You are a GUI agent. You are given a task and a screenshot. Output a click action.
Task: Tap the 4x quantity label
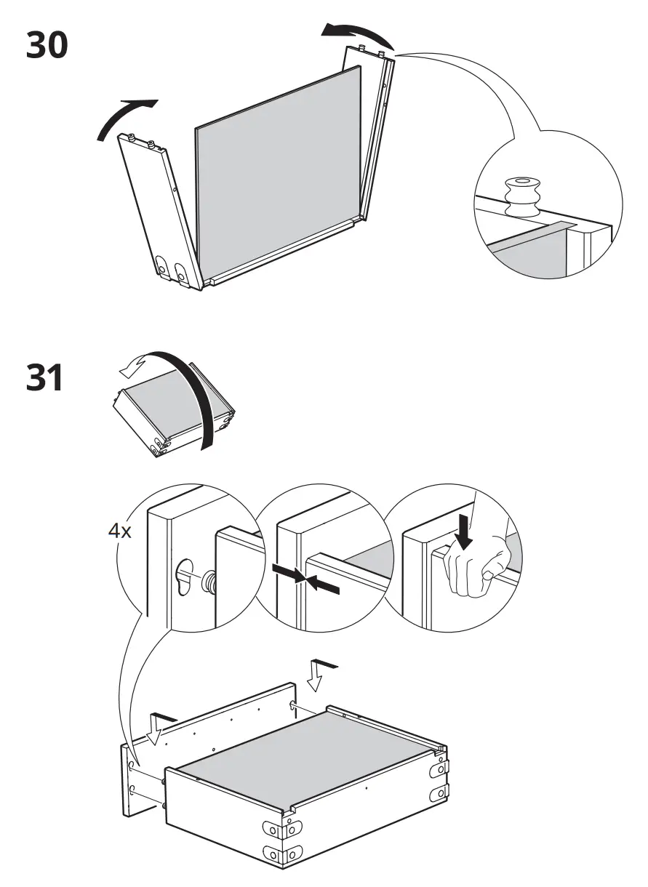coord(119,531)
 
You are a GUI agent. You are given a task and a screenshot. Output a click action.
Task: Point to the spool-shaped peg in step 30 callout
coord(523,196)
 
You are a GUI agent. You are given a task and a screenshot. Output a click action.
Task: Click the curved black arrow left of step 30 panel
coord(124,118)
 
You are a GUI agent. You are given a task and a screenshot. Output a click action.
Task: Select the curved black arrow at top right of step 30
coord(356,33)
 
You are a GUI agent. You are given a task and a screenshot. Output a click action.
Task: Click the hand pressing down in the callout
coord(475,567)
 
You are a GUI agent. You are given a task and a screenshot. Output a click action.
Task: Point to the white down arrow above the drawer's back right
coord(318,673)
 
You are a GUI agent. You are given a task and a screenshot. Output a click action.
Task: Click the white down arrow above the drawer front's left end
coord(156,729)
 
